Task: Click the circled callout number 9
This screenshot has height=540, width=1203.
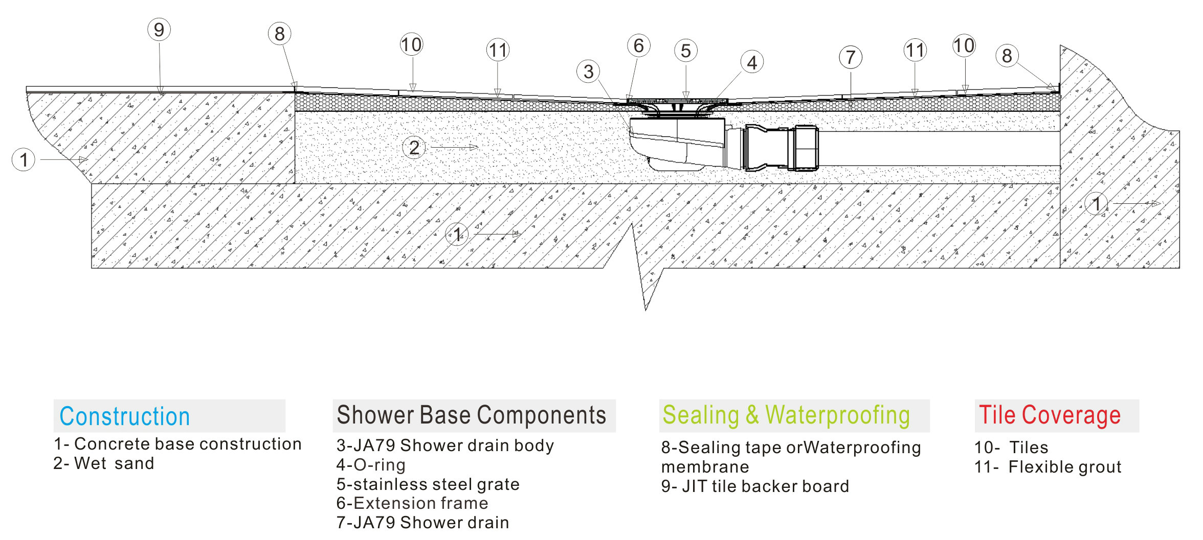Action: coord(159,30)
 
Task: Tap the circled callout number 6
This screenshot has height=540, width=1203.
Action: coord(639,45)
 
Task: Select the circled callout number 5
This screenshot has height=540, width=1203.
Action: coord(686,51)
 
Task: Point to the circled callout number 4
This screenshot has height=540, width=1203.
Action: coord(752,62)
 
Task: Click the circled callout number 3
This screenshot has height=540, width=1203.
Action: coord(589,72)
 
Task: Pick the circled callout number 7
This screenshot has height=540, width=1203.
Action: coord(851,57)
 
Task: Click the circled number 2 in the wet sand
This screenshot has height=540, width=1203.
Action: coord(414,148)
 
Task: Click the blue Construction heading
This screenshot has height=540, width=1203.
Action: coord(125,416)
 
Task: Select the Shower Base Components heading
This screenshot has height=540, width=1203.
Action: coord(472,415)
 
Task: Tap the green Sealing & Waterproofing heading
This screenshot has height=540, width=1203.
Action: coord(786,415)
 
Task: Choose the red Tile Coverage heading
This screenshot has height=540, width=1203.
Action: coord(1050,415)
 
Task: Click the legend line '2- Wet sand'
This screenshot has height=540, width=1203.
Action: coord(104,463)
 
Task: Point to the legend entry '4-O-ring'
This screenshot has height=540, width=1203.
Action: coord(371,465)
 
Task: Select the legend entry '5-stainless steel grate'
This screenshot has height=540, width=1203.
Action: coord(428,484)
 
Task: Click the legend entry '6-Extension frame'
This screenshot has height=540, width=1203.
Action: coord(412,503)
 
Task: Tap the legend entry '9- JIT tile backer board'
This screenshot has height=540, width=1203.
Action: coord(755,486)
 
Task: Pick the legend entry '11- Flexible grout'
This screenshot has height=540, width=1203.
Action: coord(1048,466)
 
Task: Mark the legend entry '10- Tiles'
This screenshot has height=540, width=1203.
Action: coord(1011,448)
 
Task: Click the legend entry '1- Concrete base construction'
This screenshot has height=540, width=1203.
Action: coord(177,444)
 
